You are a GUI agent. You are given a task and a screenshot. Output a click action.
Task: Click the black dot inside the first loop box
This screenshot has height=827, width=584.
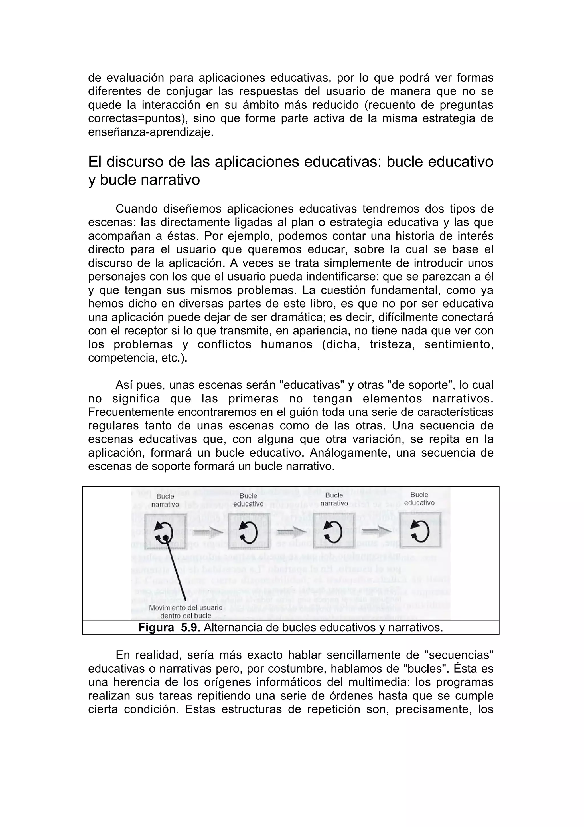coord(165,538)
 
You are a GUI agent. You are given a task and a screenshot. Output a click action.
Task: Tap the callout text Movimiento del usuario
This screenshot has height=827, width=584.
coord(185,607)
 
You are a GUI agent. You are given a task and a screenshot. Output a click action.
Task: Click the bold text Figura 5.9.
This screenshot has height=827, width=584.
coord(169,628)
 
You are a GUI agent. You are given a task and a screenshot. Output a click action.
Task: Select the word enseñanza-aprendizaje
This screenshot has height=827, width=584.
coord(151,132)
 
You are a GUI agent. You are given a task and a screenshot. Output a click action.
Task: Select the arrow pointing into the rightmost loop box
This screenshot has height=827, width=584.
coord(377,530)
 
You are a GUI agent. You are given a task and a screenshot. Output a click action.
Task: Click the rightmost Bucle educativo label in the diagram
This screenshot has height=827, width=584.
coord(419,499)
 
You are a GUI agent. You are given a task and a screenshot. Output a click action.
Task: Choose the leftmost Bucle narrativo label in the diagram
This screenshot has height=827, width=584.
coord(165,500)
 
